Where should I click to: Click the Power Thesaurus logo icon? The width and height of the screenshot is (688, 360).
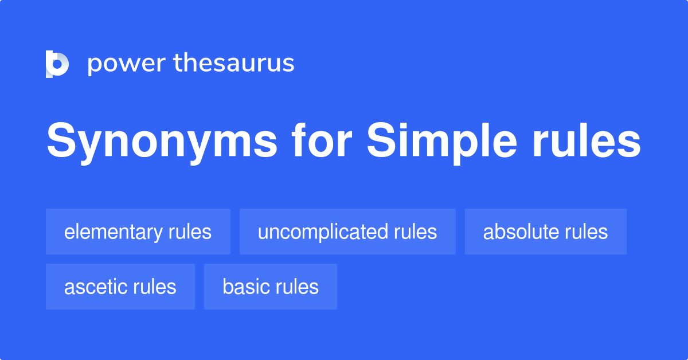coord(57,64)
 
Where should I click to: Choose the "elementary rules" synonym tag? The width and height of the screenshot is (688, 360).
coord(138,232)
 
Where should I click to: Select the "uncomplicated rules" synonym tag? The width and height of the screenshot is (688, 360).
coord(347,232)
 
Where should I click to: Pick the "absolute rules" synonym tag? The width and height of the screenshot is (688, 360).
coord(545,232)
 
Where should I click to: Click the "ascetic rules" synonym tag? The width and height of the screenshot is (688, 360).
coord(120,287)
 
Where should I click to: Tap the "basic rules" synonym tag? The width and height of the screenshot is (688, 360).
coord(271,287)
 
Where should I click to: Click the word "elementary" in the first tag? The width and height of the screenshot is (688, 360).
coord(114,232)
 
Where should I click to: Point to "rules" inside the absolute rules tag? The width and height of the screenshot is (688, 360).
coord(586,232)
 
